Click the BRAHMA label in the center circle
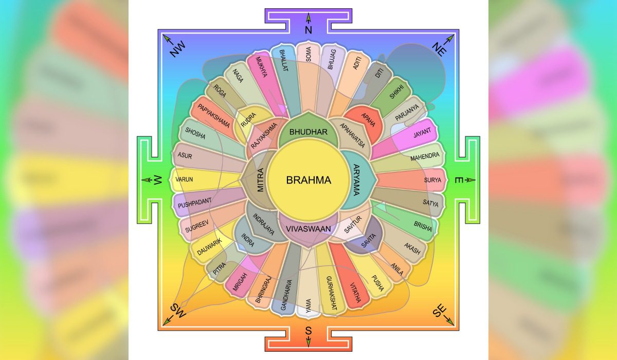click(x=308, y=181)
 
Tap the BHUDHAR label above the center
click(x=308, y=132)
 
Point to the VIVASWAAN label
click(x=308, y=228)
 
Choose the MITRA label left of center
click(x=260, y=181)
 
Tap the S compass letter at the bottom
click(x=308, y=330)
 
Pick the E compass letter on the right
click(x=458, y=180)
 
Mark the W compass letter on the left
click(x=158, y=180)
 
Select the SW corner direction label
click(x=177, y=311)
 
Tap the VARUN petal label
click(x=184, y=181)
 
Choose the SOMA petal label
click(x=308, y=55)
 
